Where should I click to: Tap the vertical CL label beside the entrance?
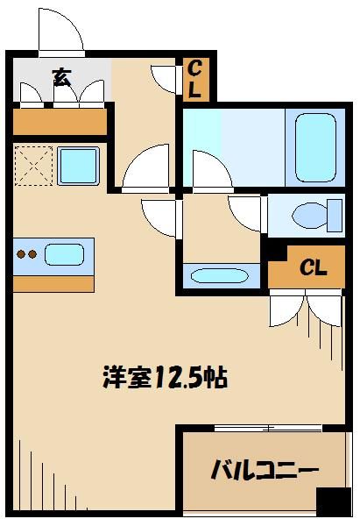tap(194, 79)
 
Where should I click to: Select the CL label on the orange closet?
tap(314, 267)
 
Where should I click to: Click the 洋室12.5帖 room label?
tap(165, 378)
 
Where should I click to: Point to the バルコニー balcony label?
tap(264, 472)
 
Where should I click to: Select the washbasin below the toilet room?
tap(220, 276)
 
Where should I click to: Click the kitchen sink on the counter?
tap(64, 255)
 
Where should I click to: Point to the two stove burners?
tap(26, 255)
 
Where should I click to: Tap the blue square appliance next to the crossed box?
tap(78, 165)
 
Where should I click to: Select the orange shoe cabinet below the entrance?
tap(60, 121)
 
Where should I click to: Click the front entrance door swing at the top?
tap(61, 33)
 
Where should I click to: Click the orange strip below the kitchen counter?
tap(53, 284)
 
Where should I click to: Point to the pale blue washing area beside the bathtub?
tap(235, 145)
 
